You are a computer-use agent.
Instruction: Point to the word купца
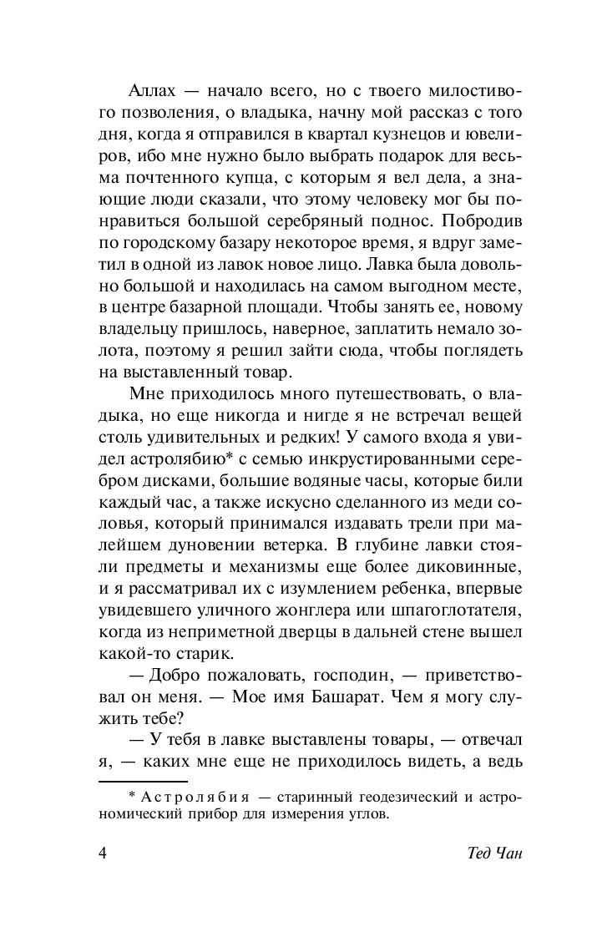218,178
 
